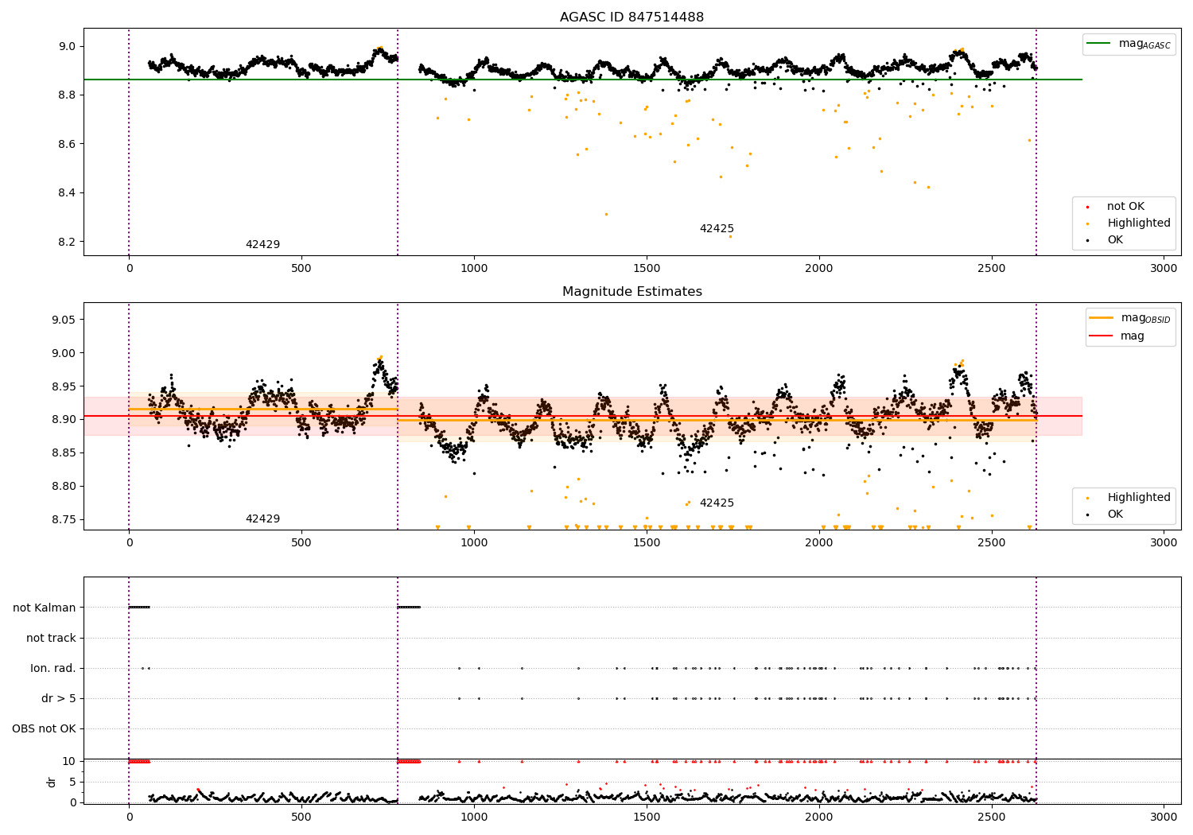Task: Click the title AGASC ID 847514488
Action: [631, 17]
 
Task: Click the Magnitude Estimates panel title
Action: [631, 292]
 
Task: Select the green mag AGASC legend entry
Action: [1128, 44]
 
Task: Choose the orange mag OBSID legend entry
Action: [1129, 318]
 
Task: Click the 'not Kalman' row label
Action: [45, 608]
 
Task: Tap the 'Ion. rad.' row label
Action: [53, 668]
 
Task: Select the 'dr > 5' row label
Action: [59, 698]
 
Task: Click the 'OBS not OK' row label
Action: [45, 728]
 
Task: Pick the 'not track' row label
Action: [51, 638]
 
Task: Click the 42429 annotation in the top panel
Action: [262, 245]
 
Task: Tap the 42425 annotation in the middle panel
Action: [717, 503]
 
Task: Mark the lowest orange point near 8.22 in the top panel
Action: [730, 236]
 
